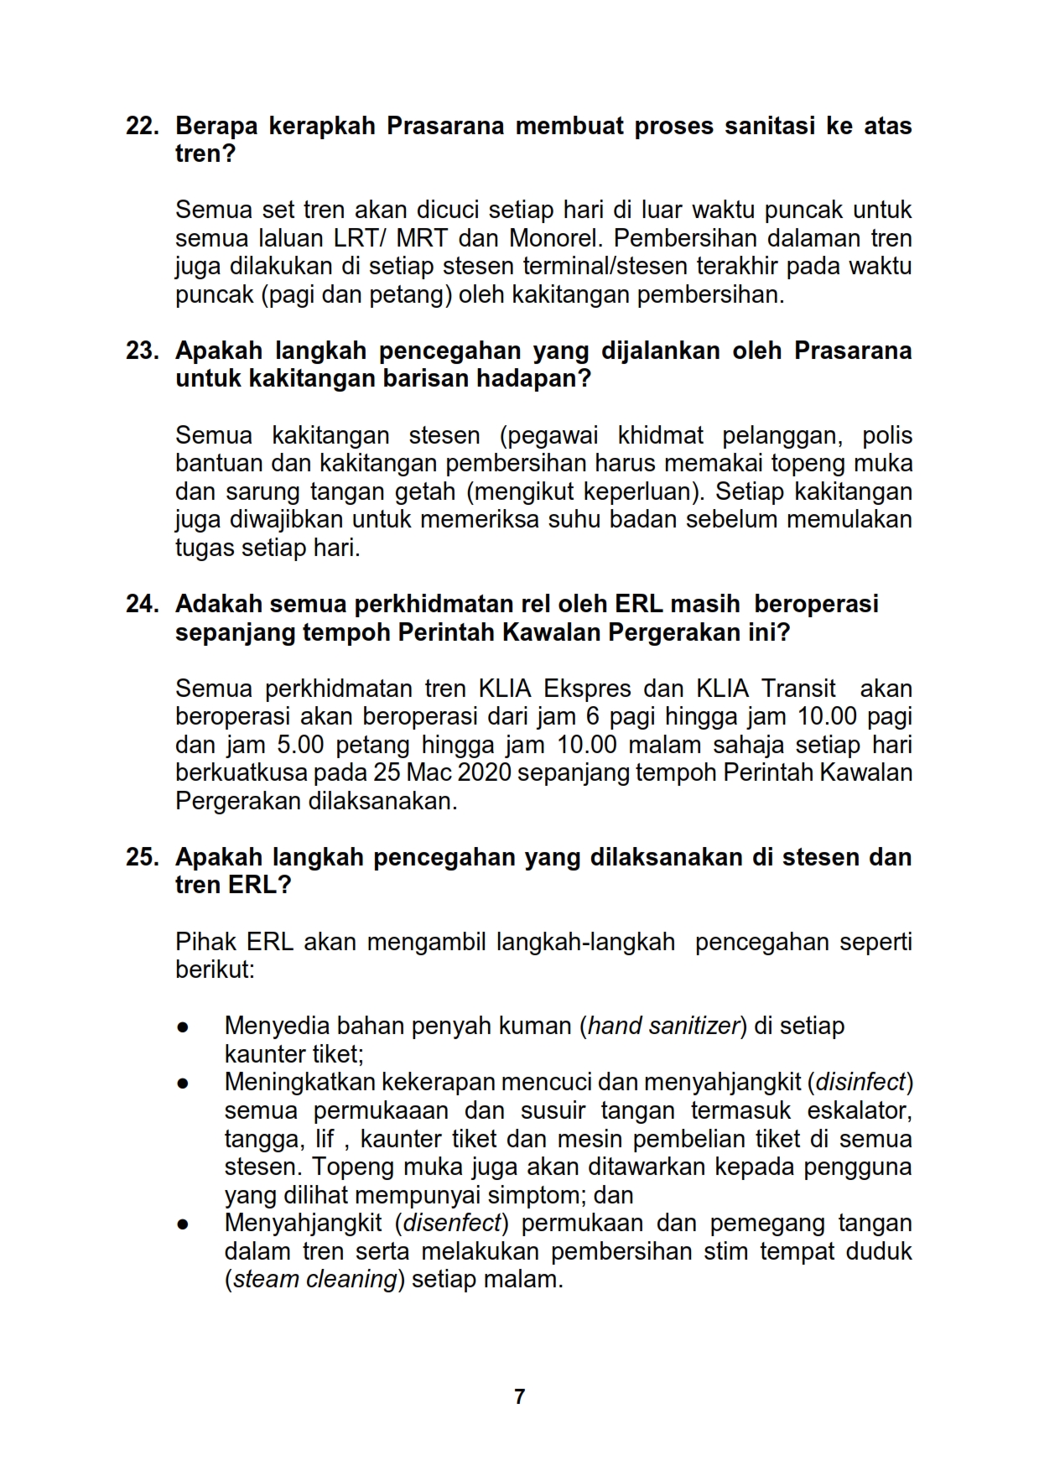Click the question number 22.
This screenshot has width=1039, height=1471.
(x=141, y=127)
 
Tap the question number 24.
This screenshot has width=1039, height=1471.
(x=141, y=604)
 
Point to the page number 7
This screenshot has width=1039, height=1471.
(x=519, y=1396)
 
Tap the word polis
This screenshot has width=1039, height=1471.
(x=887, y=435)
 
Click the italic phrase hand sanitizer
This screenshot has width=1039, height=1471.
(x=662, y=1026)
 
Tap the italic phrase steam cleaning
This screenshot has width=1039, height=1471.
(x=314, y=1280)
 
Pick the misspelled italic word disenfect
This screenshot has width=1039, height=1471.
(x=453, y=1224)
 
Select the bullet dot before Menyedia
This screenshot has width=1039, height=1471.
(x=182, y=1027)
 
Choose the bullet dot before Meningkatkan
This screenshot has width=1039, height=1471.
(x=182, y=1084)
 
